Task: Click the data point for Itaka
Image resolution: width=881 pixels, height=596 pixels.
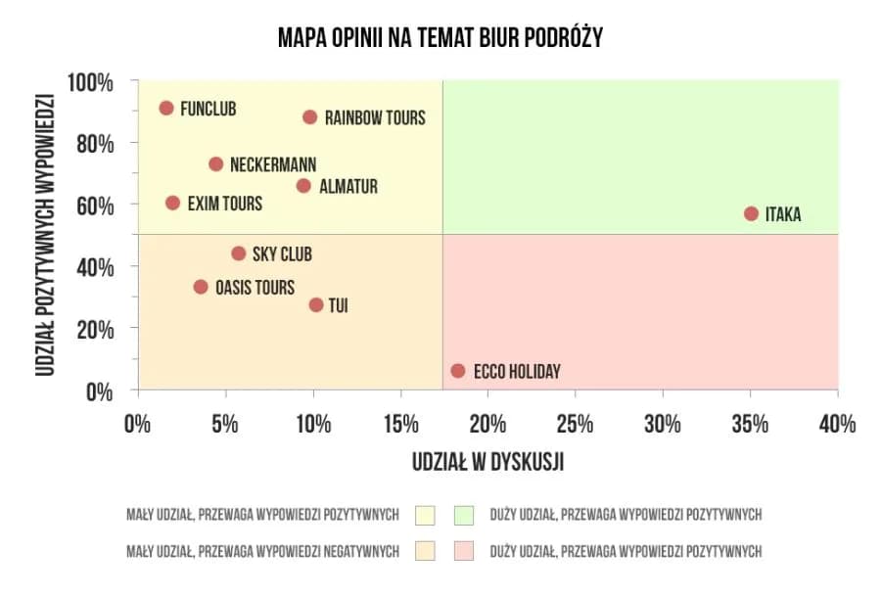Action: coord(751,213)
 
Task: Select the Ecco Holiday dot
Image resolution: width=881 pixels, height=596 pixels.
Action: coord(457,371)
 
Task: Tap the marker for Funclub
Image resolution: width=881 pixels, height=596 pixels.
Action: coord(166,108)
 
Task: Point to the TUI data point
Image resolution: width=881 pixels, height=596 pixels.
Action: coord(315,304)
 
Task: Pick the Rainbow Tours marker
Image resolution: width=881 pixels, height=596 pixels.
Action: coord(310,116)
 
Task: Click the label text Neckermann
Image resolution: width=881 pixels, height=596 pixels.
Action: coord(273,164)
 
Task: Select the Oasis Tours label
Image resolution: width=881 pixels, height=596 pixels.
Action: coord(255,288)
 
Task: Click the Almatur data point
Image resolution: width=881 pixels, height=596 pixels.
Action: coord(303,186)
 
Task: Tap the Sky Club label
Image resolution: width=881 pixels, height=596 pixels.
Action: coord(282,254)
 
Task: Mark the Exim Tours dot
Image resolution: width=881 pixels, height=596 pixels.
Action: coord(173,203)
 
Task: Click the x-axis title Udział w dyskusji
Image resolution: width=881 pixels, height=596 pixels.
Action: coord(487,462)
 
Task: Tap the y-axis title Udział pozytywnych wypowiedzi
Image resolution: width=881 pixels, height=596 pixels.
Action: coord(43,236)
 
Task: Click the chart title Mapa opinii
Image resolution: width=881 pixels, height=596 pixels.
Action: coord(440,38)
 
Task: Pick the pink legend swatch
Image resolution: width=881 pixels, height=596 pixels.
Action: coord(464,551)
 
